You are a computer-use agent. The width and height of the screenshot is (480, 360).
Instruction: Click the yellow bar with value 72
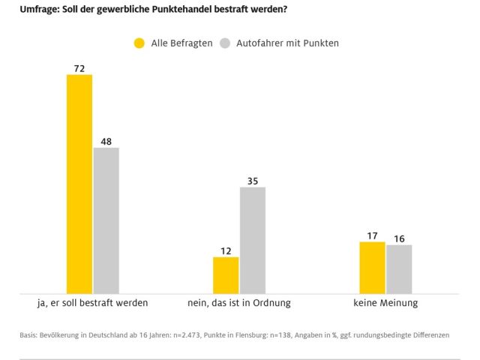79,184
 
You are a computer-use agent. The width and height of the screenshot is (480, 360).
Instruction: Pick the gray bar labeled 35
252,239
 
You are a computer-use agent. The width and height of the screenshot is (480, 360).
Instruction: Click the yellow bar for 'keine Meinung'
372,267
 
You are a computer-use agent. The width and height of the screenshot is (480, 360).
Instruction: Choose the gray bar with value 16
399,268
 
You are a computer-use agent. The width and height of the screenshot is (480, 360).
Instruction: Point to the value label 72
79,68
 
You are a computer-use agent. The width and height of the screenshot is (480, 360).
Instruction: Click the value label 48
106,141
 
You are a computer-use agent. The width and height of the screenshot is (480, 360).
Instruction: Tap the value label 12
226,250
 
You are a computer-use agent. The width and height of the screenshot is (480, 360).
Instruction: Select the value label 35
252,180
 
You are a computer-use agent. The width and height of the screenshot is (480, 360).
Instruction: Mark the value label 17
372,235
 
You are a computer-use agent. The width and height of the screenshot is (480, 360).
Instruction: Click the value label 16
399,238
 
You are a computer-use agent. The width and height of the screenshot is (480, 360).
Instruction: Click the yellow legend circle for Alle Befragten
139,43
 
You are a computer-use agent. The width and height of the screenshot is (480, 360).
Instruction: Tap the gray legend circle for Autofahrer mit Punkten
224,43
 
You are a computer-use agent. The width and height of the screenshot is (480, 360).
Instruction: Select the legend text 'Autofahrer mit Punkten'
287,43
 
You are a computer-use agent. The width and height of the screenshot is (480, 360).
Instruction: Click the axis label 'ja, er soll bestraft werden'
92,303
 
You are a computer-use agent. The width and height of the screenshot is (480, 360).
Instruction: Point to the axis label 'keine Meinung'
385,303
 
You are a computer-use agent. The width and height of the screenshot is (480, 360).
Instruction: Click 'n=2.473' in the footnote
191,335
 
